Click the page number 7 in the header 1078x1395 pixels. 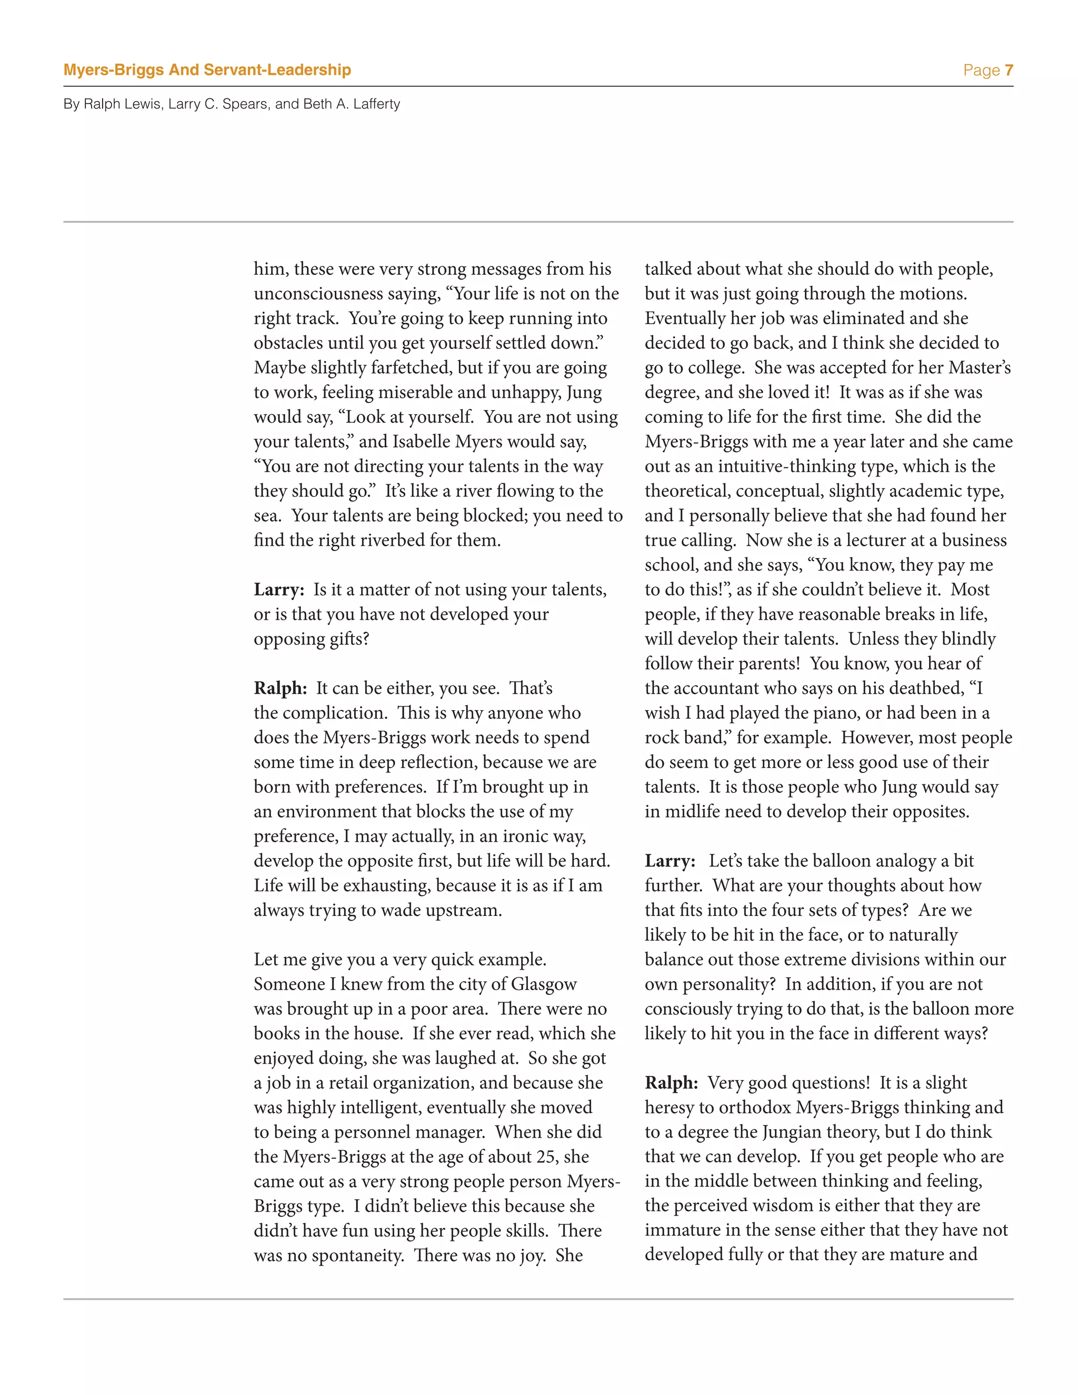[x=1009, y=70]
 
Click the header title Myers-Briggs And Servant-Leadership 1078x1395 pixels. [x=207, y=70]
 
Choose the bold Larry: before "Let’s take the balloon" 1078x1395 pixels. [x=670, y=861]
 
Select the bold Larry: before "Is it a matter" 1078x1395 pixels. [x=279, y=590]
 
